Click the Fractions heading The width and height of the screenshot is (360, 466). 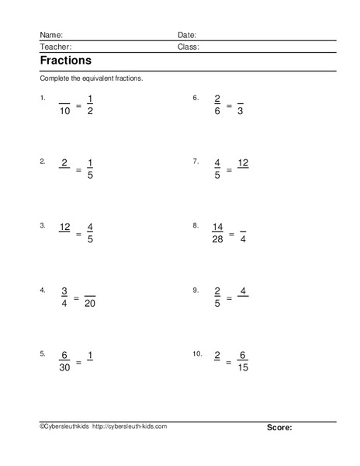[x=65, y=61]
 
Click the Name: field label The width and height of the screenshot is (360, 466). [x=50, y=35]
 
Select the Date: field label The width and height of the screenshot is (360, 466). [x=187, y=35]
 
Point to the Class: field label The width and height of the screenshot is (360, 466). [x=189, y=47]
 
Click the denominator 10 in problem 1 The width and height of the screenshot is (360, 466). [x=64, y=112]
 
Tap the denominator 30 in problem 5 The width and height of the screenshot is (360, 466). [x=64, y=367]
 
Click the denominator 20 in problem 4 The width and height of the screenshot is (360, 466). [x=89, y=304]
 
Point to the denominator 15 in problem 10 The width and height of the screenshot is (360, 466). [x=243, y=367]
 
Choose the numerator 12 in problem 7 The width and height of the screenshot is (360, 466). [x=243, y=162]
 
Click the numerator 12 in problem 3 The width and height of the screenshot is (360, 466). [x=64, y=227]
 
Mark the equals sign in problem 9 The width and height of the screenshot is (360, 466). [x=230, y=297]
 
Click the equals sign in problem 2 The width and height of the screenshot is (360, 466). [x=78, y=169]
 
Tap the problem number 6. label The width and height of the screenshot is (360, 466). [x=196, y=99]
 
